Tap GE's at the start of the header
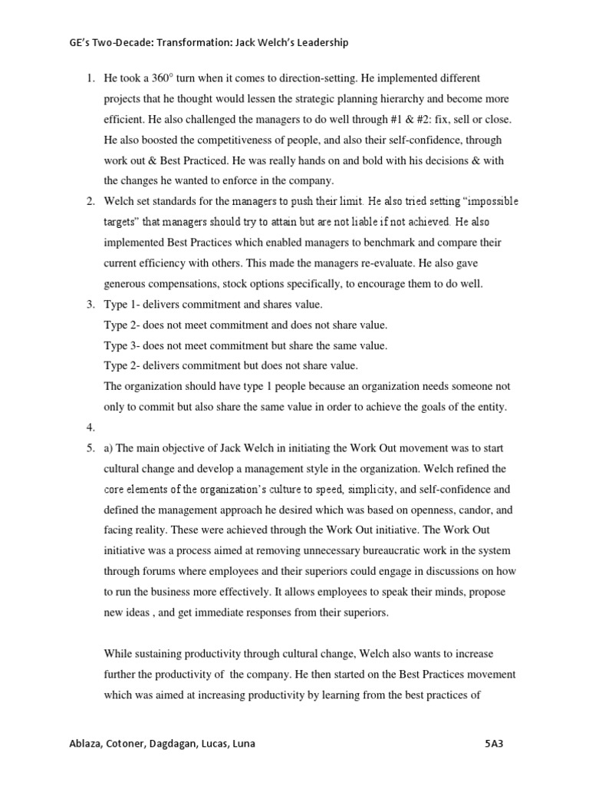[x=80, y=43]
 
